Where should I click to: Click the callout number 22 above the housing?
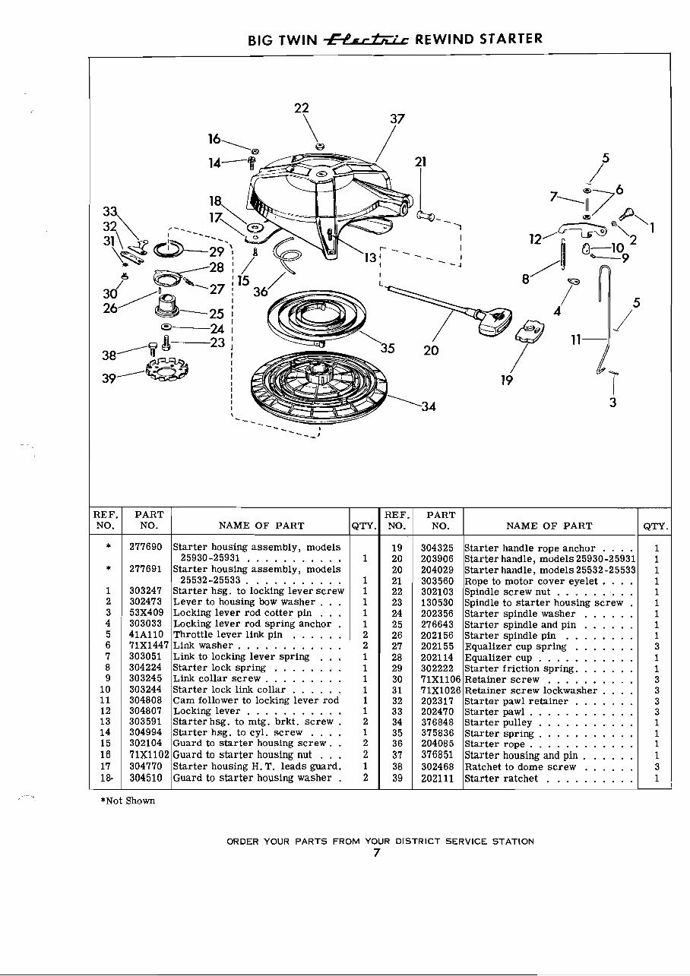pos(301,108)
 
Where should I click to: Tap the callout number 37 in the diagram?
pos(397,119)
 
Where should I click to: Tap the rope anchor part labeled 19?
pos(530,331)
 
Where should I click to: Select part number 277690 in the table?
pos(143,547)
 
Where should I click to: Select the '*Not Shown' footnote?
pos(127,801)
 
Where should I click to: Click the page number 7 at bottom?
pos(376,852)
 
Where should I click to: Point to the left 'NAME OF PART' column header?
pos(261,526)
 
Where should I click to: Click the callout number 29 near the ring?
pos(217,251)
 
